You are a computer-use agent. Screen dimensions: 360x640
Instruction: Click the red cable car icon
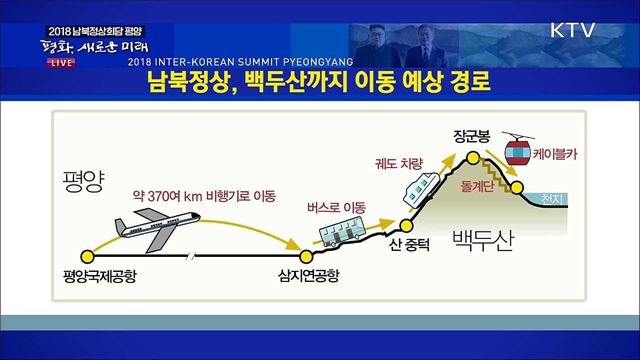point(518,153)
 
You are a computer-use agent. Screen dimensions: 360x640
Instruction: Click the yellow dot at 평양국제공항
point(89,255)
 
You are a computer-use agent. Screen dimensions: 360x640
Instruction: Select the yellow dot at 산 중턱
point(407,226)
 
